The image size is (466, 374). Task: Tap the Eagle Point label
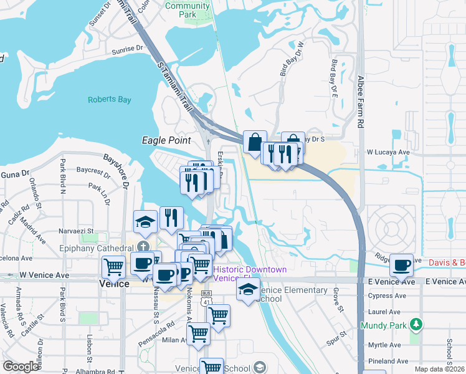(x=166, y=141)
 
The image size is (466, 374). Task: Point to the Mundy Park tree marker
(x=417, y=324)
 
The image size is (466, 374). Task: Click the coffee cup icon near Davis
(x=401, y=266)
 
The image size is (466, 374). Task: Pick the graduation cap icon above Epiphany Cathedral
(x=145, y=221)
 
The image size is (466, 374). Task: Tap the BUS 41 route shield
(x=206, y=297)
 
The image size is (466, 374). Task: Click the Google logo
(x=20, y=367)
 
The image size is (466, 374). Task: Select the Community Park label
(x=188, y=9)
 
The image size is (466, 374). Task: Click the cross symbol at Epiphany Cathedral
(x=144, y=247)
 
